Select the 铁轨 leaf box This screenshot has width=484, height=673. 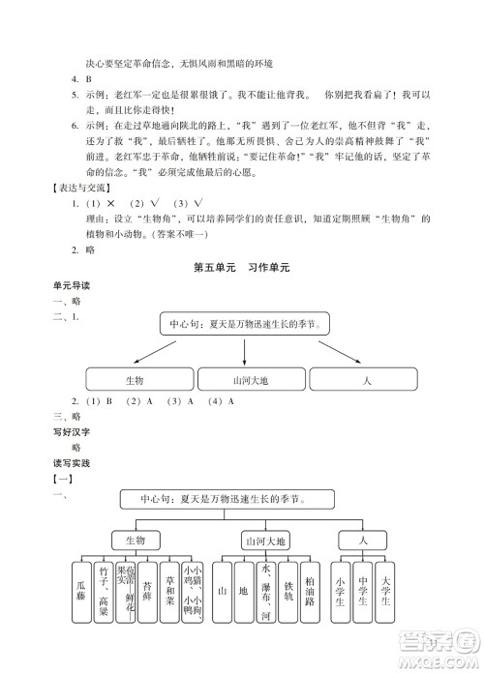point(287,591)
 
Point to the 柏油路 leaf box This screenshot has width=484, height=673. point(309,591)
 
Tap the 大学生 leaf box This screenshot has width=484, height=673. point(384,591)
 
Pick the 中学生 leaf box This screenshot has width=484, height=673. point(362,591)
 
